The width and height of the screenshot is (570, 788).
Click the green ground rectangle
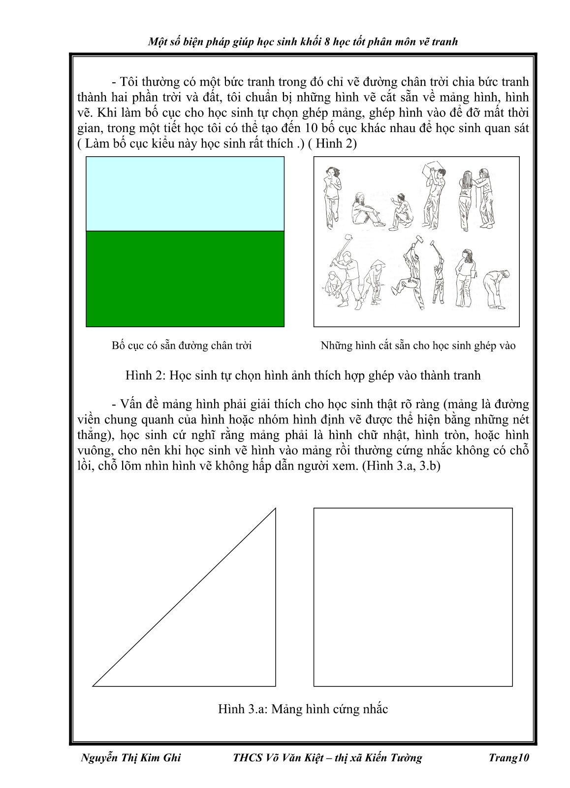[185, 278]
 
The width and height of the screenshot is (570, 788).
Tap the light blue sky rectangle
[185, 194]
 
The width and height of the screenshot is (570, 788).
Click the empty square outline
[413, 597]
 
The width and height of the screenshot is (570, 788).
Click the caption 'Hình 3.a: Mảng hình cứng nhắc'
[303, 709]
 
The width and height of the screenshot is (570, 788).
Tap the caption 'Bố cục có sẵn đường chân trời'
[182, 345]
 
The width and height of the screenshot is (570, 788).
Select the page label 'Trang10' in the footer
[508, 758]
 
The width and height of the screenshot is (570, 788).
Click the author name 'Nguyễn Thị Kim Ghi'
[130, 758]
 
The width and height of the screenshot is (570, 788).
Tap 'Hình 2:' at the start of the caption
[144, 376]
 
